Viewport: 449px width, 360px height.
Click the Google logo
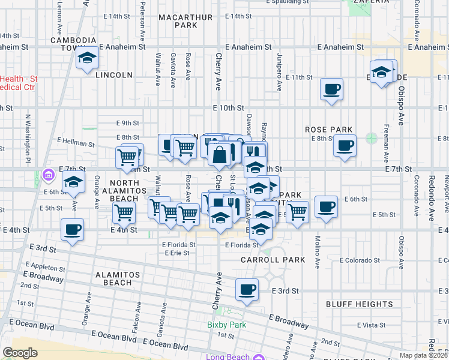point(20,353)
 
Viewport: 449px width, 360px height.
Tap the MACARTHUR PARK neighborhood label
point(185,22)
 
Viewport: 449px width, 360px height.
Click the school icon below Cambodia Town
point(88,58)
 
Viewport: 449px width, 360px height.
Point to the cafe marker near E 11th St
point(331,90)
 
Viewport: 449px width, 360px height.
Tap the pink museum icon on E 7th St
point(48,176)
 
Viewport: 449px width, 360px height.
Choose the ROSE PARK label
point(328,130)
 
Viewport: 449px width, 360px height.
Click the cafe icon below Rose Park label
point(345,145)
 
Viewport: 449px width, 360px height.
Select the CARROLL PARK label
point(273,260)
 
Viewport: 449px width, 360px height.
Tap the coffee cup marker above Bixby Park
point(247,290)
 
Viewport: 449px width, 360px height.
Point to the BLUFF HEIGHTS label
point(351,304)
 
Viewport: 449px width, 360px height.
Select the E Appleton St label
point(44,268)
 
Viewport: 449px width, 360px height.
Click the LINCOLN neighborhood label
point(113,75)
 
